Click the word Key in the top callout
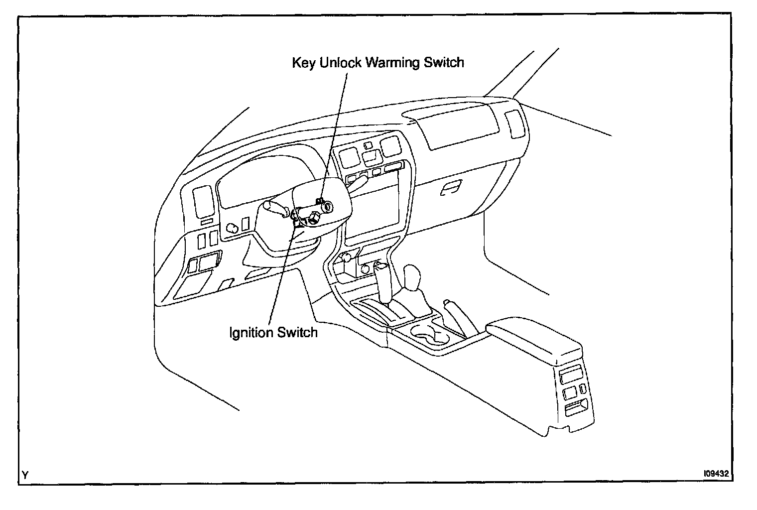pos(303,63)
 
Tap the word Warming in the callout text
pos(393,63)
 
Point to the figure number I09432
pos(716,475)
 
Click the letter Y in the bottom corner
pos(25,476)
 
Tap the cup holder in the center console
pos(427,333)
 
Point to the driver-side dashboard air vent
pos(203,202)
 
